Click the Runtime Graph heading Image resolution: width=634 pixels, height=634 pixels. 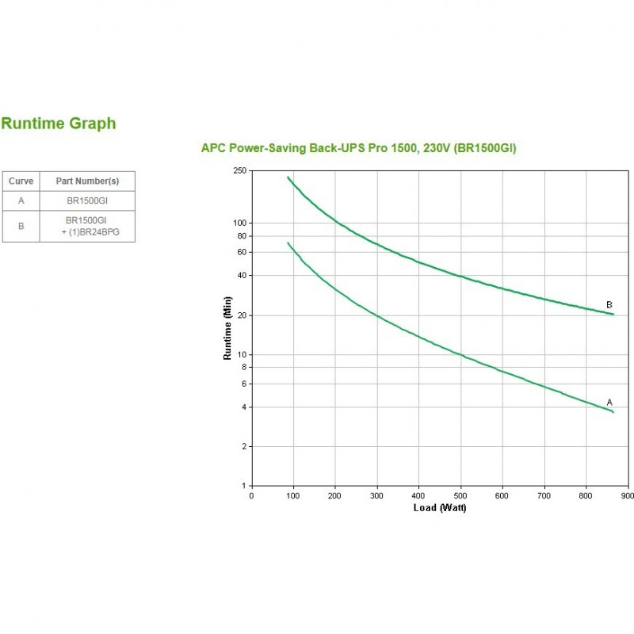tap(59, 124)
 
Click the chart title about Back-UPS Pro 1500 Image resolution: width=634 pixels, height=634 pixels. tap(359, 148)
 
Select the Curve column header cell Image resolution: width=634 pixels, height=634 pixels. tap(21, 181)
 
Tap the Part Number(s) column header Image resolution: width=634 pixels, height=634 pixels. tap(87, 181)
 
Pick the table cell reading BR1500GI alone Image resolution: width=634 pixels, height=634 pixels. tap(87, 201)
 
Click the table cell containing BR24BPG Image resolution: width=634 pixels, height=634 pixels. tap(87, 226)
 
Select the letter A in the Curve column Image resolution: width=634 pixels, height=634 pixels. tap(21, 201)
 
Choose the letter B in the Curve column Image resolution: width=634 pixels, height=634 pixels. tap(21, 226)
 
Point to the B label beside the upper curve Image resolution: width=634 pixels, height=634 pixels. tap(609, 305)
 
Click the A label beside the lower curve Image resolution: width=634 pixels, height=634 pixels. tap(609, 403)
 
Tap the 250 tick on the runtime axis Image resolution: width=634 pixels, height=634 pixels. tap(240, 170)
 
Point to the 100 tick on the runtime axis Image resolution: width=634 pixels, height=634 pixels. tap(240, 223)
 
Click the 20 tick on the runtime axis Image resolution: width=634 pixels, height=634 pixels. tap(243, 315)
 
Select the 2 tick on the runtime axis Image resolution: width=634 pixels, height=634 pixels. tap(244, 446)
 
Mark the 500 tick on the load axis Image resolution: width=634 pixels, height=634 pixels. tap(460, 496)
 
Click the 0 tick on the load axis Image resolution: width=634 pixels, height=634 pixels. tap(251, 496)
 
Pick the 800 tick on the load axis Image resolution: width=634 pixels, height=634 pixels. tap(586, 496)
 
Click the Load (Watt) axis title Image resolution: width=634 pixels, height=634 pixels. tap(440, 508)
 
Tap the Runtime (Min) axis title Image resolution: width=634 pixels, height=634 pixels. tap(227, 328)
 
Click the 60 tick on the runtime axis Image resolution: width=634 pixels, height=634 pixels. tap(243, 252)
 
